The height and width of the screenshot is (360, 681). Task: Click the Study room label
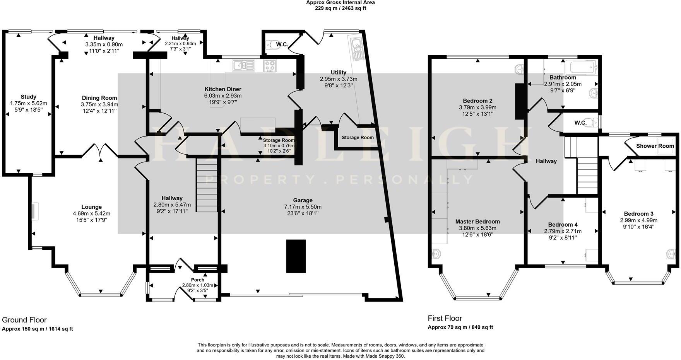click(x=29, y=97)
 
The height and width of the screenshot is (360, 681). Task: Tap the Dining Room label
click(x=99, y=98)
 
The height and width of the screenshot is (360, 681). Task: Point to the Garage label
click(x=303, y=200)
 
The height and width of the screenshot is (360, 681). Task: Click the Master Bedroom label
click(x=477, y=222)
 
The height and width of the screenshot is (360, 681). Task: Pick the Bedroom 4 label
click(x=563, y=225)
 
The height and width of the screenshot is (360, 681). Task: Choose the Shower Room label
click(x=655, y=146)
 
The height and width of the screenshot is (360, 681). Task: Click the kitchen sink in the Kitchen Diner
click(x=243, y=66)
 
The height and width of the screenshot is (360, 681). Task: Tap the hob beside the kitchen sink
click(x=270, y=66)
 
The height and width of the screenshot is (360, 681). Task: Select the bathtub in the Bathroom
click(x=581, y=67)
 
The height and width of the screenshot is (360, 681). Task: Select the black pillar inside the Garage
click(x=296, y=256)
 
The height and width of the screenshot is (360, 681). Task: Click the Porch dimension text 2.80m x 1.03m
click(x=198, y=285)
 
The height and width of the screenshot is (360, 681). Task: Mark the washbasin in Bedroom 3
click(x=671, y=254)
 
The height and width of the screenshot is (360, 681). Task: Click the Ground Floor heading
click(x=24, y=320)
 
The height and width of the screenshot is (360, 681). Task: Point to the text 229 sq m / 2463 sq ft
click(x=340, y=8)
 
